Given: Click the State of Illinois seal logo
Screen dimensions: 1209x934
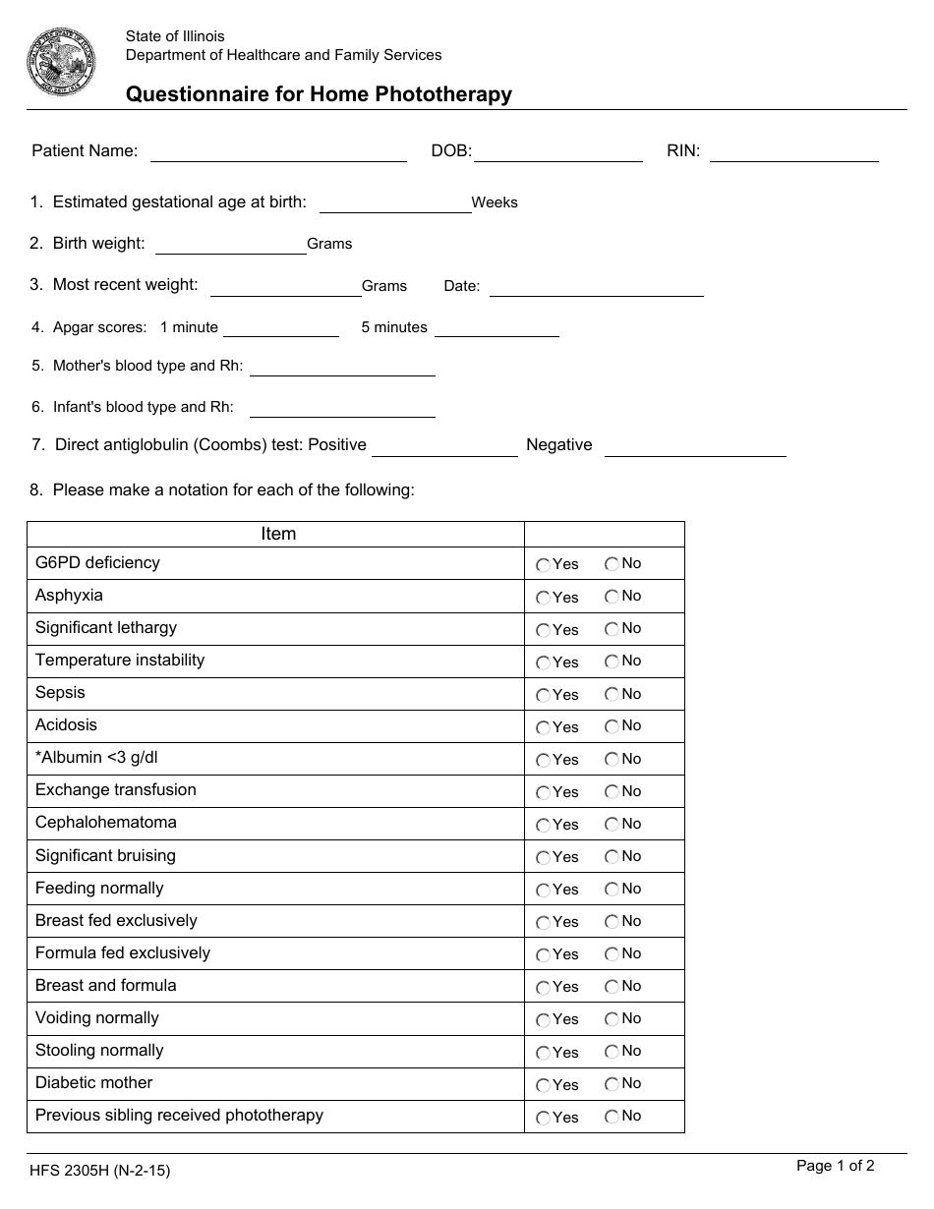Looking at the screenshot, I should (x=61, y=62).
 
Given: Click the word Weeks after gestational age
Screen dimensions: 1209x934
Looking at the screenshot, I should (x=495, y=203).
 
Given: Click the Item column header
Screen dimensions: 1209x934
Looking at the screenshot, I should (x=278, y=534).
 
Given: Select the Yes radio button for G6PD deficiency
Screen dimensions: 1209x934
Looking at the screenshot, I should (x=543, y=565).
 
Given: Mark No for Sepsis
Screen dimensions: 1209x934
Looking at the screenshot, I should (x=613, y=694).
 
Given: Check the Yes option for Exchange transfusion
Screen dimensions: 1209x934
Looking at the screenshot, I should (x=543, y=792).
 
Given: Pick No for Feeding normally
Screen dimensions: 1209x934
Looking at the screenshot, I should (x=613, y=889).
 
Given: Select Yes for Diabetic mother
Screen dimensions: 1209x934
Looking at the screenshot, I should (x=543, y=1085).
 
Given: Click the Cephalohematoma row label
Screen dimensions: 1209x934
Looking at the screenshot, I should (x=106, y=823).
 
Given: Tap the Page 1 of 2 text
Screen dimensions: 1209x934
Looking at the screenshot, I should (x=835, y=1167).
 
